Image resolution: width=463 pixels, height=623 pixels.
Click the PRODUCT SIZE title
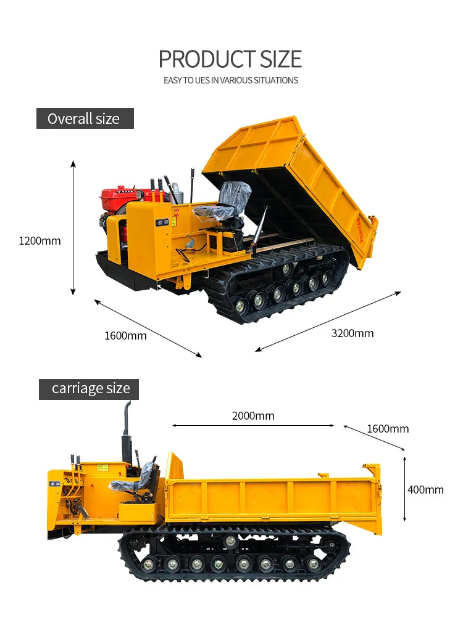(x=230, y=59)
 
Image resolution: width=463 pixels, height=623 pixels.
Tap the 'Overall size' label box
(x=85, y=118)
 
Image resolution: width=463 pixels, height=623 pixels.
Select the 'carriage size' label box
(x=90, y=389)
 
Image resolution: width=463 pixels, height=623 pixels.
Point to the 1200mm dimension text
(x=40, y=241)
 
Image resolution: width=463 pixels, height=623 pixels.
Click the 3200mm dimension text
(x=352, y=333)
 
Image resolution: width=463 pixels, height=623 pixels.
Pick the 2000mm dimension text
(x=253, y=416)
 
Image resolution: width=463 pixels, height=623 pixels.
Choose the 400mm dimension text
(x=425, y=490)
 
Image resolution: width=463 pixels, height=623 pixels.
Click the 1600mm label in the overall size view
(x=125, y=336)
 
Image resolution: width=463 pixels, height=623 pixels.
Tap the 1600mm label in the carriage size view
(x=388, y=429)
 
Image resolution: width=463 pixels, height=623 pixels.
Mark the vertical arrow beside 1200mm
(x=73, y=227)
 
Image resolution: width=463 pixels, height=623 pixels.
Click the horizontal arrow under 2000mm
(x=253, y=425)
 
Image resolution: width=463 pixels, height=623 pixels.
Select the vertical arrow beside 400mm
(x=404, y=489)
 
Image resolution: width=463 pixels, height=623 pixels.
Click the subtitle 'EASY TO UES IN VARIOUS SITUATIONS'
(x=230, y=80)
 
